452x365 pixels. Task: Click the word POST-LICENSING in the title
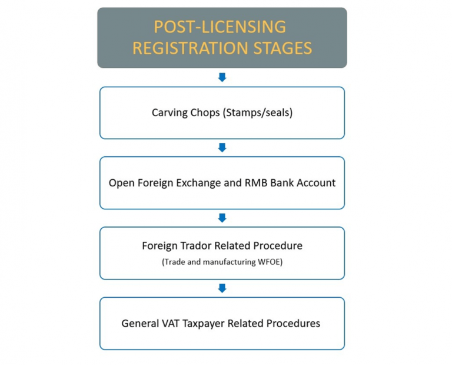coord(220,27)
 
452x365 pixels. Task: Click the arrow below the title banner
coord(222,77)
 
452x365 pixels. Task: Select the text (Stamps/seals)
coord(258,112)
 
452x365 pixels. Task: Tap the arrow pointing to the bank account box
coord(222,147)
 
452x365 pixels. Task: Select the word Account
coord(316,183)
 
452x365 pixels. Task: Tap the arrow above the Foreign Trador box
coord(222,218)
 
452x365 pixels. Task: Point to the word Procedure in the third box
coord(280,246)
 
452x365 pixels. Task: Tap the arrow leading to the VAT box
coord(222,288)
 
